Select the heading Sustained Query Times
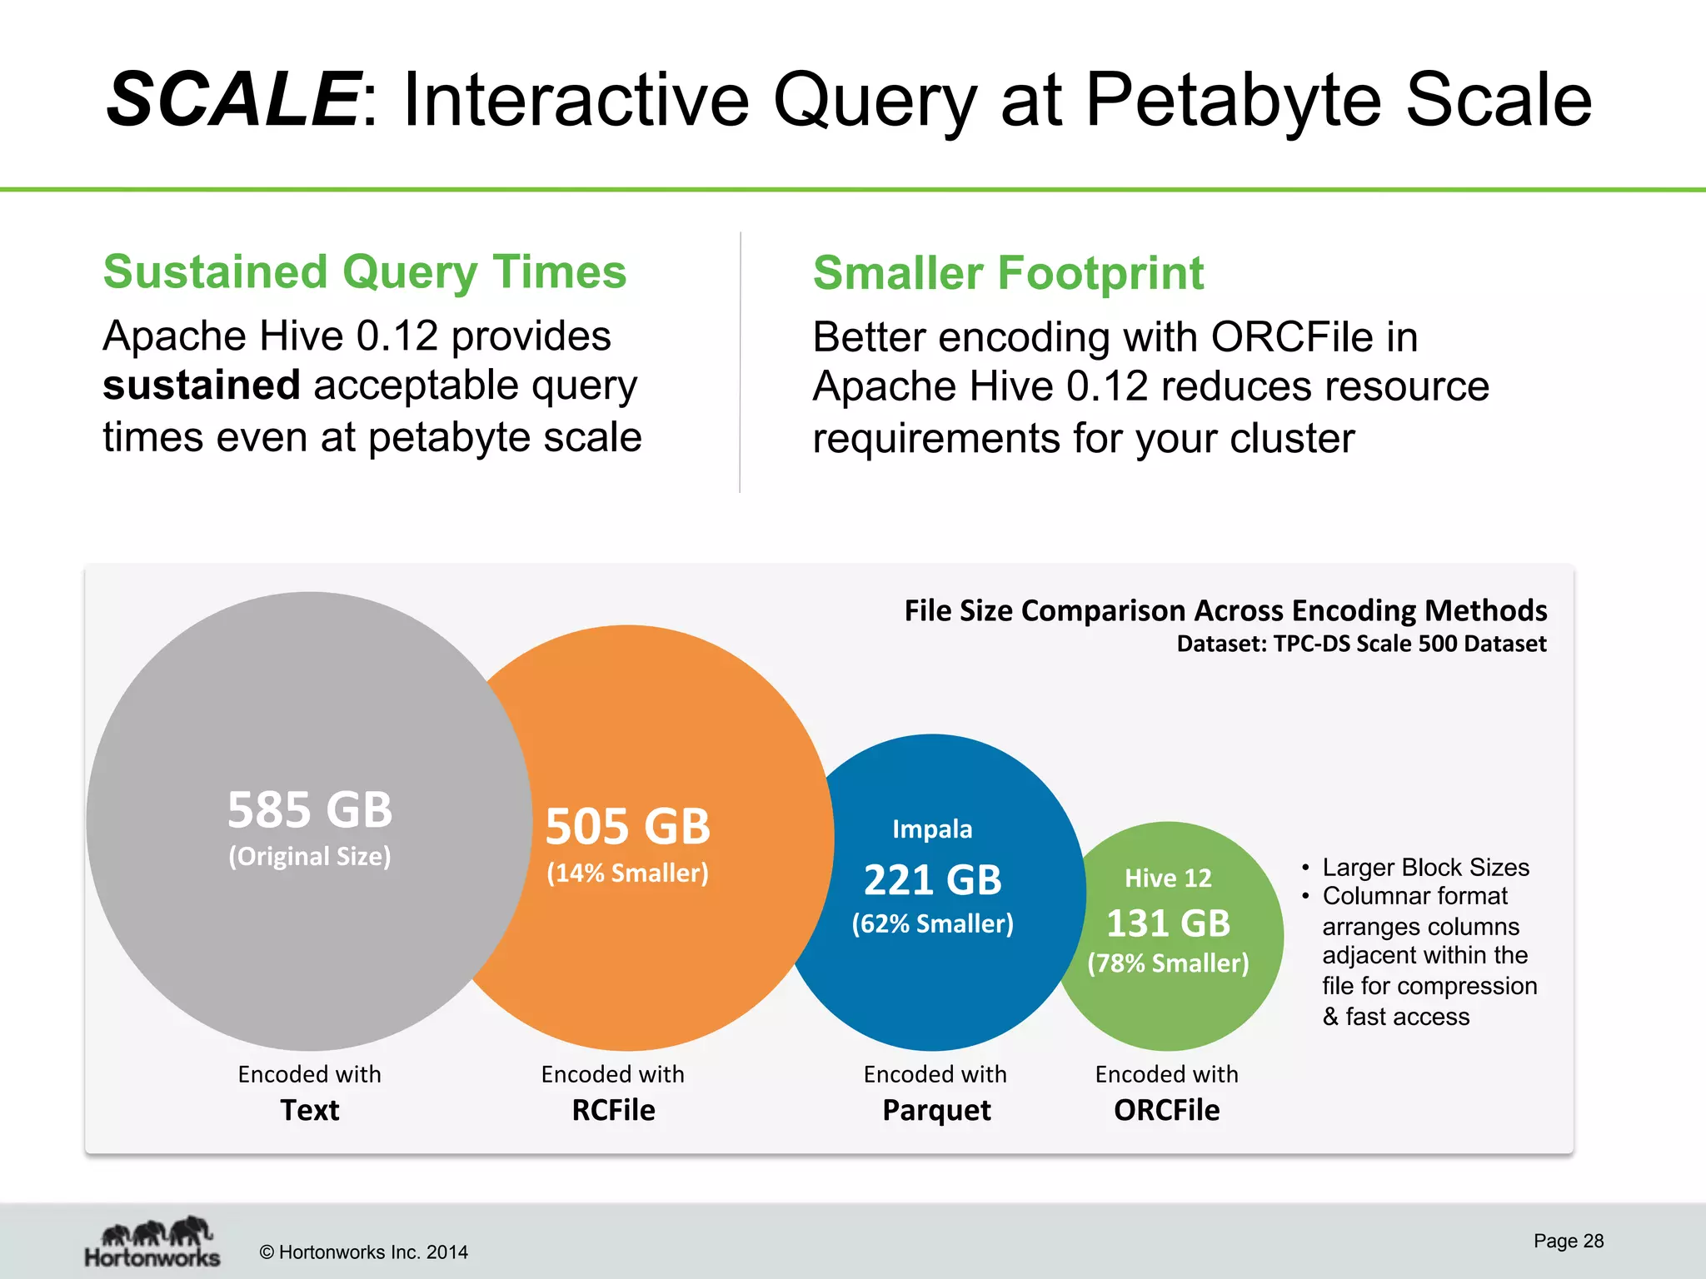point(364,272)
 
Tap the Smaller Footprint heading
point(1008,273)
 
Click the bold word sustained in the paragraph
point(201,386)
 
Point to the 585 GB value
point(310,809)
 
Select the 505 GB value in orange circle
point(627,826)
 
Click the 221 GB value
point(932,880)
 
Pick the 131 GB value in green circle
point(1168,923)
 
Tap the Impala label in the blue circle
point(932,829)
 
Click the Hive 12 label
point(1168,878)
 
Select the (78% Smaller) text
point(1168,963)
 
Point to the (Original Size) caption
point(310,856)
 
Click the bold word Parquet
point(936,1110)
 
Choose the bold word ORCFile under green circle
point(1166,1110)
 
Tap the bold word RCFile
point(613,1110)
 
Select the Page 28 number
point(1568,1241)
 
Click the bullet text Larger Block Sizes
point(1425,868)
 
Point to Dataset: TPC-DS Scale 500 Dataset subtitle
point(1361,644)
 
